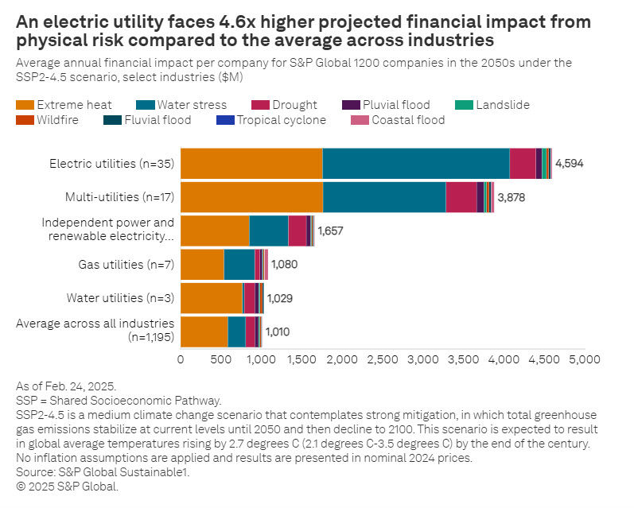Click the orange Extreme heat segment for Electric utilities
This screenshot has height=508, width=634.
(x=251, y=164)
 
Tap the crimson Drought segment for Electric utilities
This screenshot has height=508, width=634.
(x=522, y=164)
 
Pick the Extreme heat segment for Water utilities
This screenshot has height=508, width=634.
(x=211, y=298)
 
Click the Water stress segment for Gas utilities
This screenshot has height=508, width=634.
(x=239, y=264)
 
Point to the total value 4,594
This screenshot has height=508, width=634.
(x=570, y=164)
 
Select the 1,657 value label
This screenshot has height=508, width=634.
(x=332, y=231)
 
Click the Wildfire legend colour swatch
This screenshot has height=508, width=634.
(x=24, y=121)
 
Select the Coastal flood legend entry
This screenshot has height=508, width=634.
(x=406, y=121)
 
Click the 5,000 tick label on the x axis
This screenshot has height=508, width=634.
(x=585, y=359)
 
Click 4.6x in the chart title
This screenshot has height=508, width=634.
(x=190, y=22)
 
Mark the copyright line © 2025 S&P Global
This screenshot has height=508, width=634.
(x=67, y=487)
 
